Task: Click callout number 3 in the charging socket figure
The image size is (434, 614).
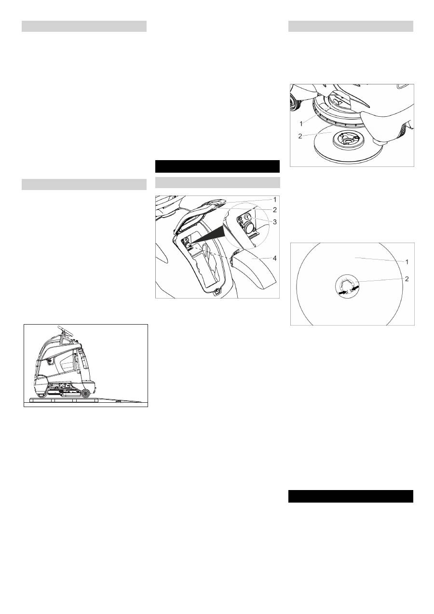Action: (274, 221)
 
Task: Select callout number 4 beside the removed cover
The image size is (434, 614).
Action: (274, 259)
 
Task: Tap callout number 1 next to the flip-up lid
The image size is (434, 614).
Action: (274, 199)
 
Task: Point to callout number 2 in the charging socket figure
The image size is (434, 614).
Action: (274, 210)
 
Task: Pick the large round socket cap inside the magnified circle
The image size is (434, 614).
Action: (251, 227)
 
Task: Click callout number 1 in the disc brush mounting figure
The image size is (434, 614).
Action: (301, 123)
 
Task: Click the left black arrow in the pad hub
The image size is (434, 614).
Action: (343, 292)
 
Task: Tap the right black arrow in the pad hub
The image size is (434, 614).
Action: (356, 288)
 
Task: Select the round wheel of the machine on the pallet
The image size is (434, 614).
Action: (86, 394)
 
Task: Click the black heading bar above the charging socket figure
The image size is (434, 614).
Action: (217, 166)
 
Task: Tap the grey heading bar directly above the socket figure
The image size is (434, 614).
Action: (217, 182)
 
